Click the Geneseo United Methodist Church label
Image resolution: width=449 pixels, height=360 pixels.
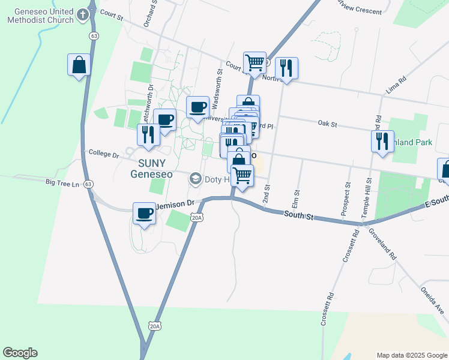40,16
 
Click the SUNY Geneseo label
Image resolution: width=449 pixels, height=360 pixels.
151,169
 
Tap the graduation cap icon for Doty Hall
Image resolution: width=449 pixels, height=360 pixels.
195,179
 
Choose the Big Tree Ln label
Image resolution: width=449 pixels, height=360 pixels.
62,182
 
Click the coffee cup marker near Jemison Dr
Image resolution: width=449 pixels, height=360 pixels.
145,214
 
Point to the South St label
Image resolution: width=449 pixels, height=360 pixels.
299,214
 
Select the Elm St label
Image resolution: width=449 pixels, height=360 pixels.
295,198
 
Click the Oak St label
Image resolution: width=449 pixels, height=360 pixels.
327,124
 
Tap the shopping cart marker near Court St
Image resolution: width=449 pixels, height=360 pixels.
255,62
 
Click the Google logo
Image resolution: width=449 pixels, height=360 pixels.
20,353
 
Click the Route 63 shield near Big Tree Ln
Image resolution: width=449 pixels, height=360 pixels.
89,184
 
